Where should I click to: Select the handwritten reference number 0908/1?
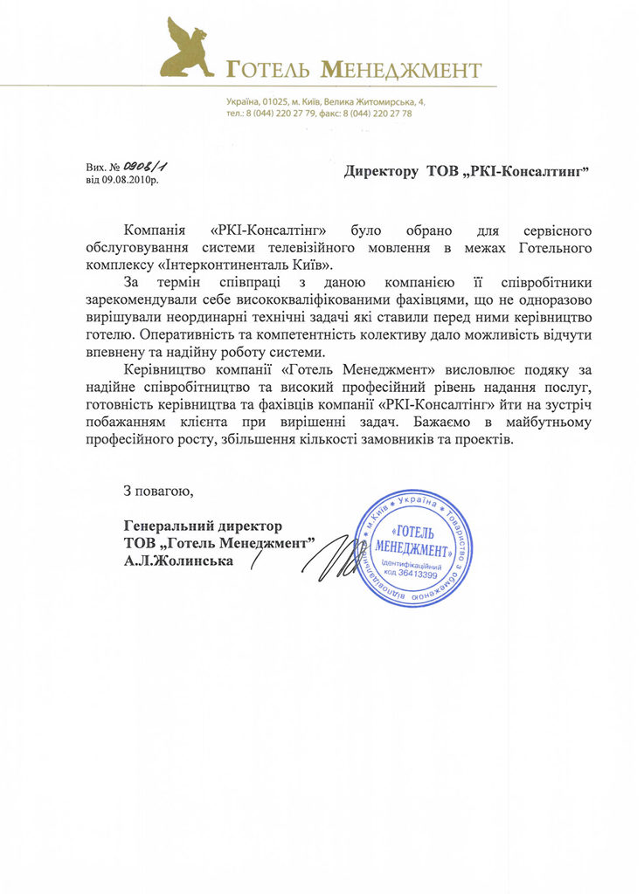(x=139, y=166)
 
